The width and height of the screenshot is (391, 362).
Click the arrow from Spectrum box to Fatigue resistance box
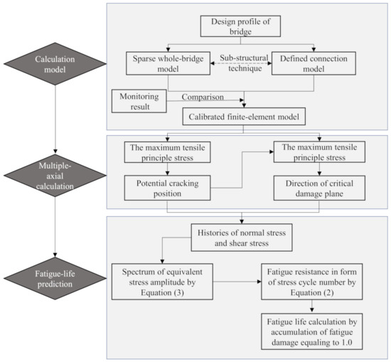[239, 280]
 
